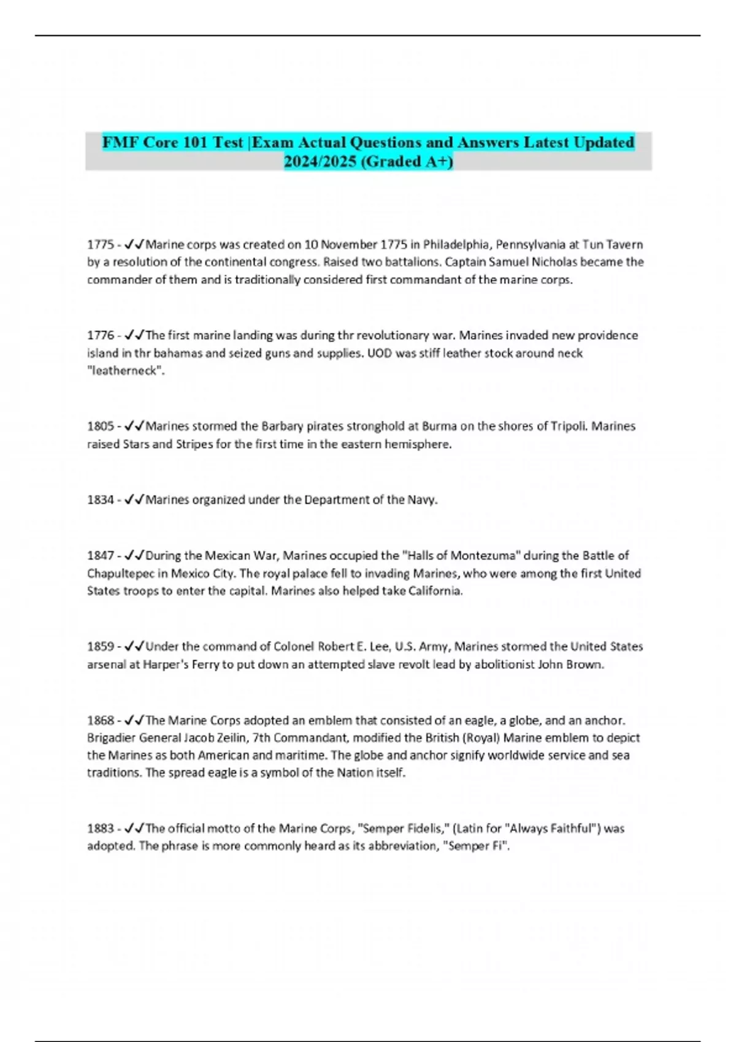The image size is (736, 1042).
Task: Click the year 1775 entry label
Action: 100,245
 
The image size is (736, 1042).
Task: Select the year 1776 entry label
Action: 100,335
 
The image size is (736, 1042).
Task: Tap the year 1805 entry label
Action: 100,426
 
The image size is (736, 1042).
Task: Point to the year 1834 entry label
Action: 100,500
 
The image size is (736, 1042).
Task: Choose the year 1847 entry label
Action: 100,555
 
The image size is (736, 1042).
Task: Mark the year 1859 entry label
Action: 100,646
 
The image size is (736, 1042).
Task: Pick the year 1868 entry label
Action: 100,720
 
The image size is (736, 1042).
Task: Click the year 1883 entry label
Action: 100,829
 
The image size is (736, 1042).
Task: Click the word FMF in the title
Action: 120,142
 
